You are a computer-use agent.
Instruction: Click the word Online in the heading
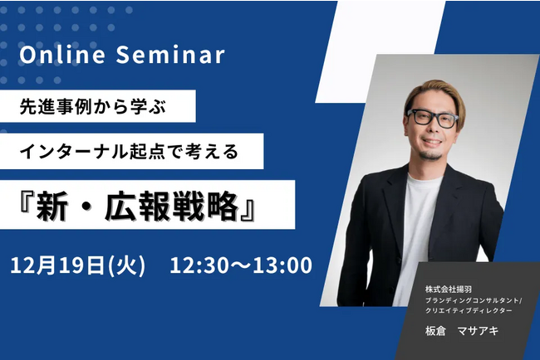tap(62, 55)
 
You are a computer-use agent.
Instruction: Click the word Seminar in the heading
tap(170, 55)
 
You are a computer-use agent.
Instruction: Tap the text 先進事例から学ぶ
tap(93, 106)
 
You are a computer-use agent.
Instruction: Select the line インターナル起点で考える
tap(129, 152)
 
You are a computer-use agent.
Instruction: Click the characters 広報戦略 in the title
tap(171, 207)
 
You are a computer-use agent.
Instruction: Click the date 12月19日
tap(57, 265)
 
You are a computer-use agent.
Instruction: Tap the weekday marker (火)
tap(126, 265)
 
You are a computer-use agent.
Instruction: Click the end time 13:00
tap(282, 265)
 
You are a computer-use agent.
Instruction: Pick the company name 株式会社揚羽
tap(449, 289)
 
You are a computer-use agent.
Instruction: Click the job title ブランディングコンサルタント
tap(472, 300)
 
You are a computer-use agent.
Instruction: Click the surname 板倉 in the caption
tap(435, 330)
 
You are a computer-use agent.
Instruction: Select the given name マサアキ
tap(478, 330)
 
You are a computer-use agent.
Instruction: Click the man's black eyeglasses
tap(433, 119)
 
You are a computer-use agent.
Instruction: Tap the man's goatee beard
tap(430, 155)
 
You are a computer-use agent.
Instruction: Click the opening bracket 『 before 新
tap(27, 203)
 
